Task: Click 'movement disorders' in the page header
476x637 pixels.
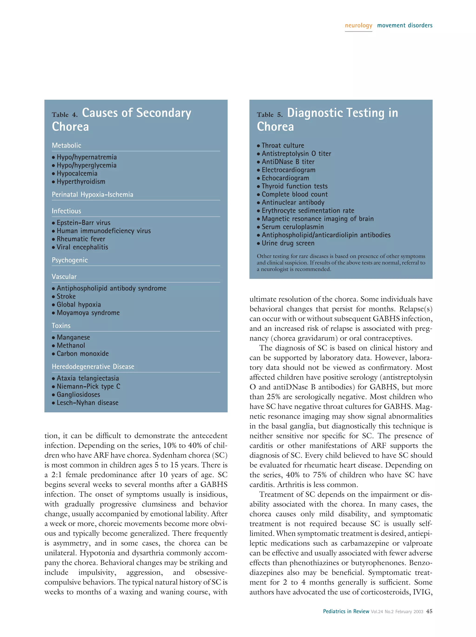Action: tap(405, 25)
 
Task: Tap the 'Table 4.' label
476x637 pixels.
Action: tap(65, 115)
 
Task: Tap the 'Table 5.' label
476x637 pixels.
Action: tap(270, 115)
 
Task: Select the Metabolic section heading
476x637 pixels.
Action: tap(66, 145)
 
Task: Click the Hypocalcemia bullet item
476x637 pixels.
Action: tap(77, 173)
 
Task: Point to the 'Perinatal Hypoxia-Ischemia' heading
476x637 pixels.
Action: tap(93, 194)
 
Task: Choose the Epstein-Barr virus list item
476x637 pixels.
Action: tap(83, 223)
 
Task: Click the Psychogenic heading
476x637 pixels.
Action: tap(70, 260)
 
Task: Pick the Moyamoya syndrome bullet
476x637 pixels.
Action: tap(88, 313)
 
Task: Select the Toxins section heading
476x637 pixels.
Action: tap(61, 326)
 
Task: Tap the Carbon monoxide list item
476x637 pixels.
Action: tap(83, 354)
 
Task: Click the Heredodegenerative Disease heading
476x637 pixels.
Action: tap(93, 366)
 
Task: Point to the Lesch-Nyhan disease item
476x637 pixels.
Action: tap(87, 403)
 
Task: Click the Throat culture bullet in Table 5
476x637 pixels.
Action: tap(282, 145)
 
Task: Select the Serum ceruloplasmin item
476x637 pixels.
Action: tap(292, 227)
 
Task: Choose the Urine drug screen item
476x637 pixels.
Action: tap(288, 243)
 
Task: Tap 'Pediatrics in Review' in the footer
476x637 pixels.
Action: tap(346, 611)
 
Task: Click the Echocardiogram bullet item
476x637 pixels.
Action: tap(285, 178)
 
